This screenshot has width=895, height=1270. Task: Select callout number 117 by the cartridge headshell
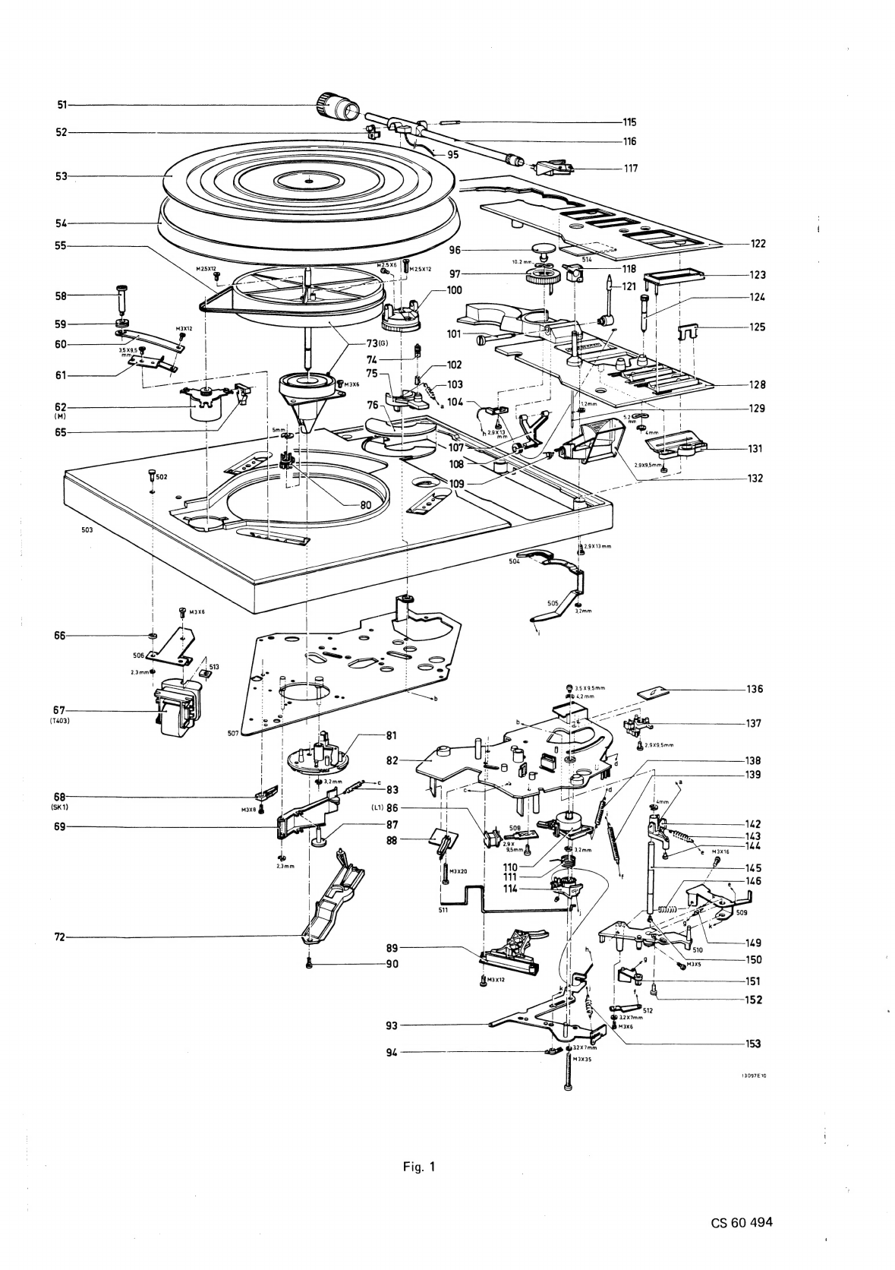(x=630, y=169)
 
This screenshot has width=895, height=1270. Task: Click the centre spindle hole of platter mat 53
(x=308, y=180)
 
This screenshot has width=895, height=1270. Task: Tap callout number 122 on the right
(x=758, y=244)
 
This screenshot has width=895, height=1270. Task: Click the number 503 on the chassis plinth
(x=87, y=529)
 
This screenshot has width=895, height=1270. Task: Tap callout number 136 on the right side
(x=754, y=690)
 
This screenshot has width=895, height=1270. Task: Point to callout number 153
(x=753, y=1044)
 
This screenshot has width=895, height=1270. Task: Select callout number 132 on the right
(x=754, y=479)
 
